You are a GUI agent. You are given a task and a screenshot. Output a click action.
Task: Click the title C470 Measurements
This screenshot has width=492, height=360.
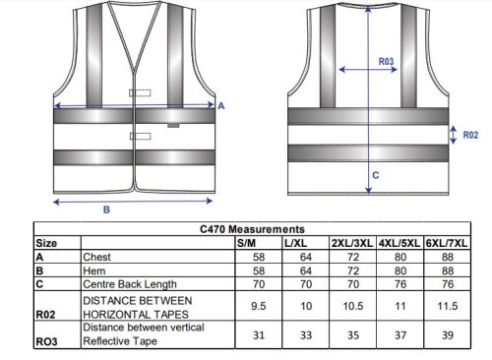point(252,229)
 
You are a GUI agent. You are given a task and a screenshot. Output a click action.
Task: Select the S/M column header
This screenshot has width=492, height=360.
point(246,243)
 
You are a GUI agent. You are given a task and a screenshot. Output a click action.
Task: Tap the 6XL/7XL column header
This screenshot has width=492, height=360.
point(447,243)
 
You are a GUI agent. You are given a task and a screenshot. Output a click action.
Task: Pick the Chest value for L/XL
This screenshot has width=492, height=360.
point(306,257)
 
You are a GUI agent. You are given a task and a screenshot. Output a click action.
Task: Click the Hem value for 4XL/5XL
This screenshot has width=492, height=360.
point(400,270)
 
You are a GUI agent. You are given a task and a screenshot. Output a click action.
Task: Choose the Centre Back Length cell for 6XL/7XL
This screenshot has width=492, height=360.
point(448,284)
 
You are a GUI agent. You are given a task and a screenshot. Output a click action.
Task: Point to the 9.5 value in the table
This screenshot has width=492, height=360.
point(259,306)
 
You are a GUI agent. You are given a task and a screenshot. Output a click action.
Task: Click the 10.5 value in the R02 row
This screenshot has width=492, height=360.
point(353,306)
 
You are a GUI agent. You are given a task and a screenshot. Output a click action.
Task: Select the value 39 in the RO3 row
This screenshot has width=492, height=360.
point(448,335)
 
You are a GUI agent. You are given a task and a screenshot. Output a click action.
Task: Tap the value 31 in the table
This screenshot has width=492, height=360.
point(259,335)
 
